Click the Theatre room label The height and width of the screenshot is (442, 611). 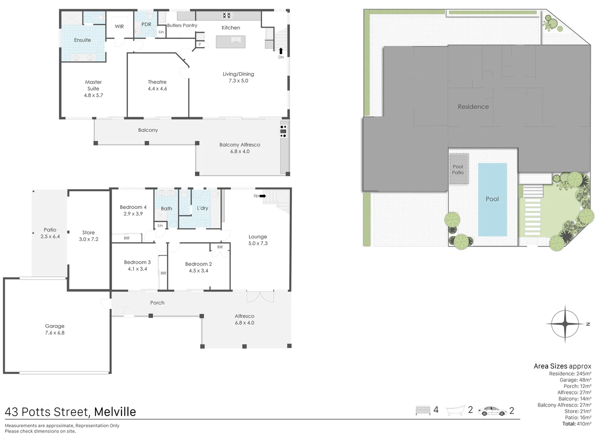pos(157,82)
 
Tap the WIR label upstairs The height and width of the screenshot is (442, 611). pos(119,27)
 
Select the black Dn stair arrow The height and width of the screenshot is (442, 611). pos(281,51)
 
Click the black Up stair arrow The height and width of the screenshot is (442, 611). pos(262,196)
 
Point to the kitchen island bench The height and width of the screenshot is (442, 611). pos(231,42)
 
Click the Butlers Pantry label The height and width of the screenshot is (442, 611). pos(182,25)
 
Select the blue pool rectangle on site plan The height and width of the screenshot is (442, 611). pos(492,200)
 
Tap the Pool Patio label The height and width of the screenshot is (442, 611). pos(458,169)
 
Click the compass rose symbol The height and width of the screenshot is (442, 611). pos(565,324)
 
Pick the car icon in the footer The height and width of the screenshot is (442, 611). pos(492,411)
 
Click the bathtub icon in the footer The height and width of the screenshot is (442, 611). pos(456,410)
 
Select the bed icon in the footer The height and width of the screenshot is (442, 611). pos(423,410)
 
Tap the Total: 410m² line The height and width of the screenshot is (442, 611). pos(577,424)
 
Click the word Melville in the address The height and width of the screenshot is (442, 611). pos(115,412)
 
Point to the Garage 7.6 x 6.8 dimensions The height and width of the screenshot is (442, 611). pos(55,333)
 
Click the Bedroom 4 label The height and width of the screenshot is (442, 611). pos(133,207)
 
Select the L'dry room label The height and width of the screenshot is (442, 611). pos(202,208)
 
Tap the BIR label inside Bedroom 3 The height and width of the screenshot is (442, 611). pos(163,273)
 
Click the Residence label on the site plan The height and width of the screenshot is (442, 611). pos(473,107)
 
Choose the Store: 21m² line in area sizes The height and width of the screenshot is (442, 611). pos(578,411)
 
